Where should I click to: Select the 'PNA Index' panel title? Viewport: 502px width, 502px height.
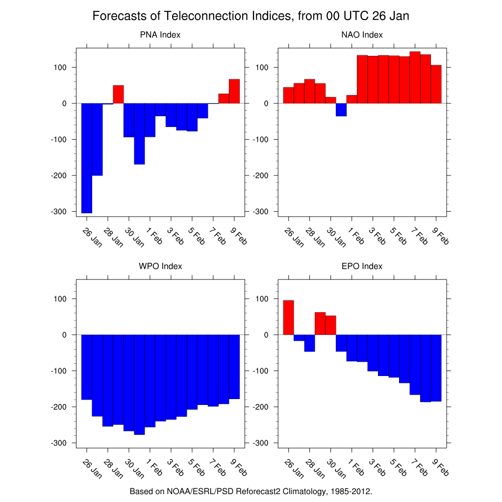point(160,35)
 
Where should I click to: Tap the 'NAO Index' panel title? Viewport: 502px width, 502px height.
point(362,35)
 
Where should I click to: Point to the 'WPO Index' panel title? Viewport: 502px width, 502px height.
point(160,266)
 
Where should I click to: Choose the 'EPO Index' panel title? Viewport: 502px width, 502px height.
point(362,266)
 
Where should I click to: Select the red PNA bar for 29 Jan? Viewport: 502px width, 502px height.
point(118,94)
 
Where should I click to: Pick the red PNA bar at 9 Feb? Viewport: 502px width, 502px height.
point(234,91)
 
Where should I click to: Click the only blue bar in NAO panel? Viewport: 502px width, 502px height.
point(341,110)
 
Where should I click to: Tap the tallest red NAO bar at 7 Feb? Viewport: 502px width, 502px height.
point(415,77)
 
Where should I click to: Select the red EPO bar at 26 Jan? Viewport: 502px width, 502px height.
point(288,318)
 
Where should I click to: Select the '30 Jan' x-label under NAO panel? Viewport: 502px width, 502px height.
point(336,237)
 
